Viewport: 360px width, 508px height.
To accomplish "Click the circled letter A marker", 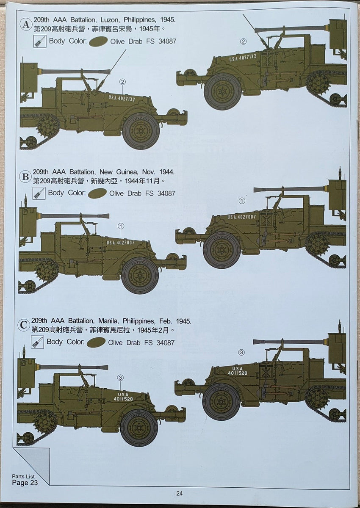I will (x=26, y=25).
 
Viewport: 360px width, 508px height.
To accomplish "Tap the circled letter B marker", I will (x=25, y=177).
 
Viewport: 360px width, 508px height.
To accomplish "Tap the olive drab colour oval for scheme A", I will (x=98, y=41).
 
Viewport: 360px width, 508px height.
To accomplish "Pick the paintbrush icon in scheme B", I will (x=39, y=193).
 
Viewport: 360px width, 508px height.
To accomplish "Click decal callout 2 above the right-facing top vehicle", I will (x=243, y=41).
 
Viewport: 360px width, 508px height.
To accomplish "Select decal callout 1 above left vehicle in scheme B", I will (x=121, y=226).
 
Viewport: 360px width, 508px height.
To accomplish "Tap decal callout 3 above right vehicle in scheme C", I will (x=241, y=352).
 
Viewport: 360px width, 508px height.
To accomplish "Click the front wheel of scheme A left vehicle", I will (x=141, y=131).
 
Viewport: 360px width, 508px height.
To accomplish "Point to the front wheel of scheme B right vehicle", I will (x=222, y=250).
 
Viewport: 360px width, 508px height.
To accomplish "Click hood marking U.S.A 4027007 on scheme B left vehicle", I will (x=121, y=243).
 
